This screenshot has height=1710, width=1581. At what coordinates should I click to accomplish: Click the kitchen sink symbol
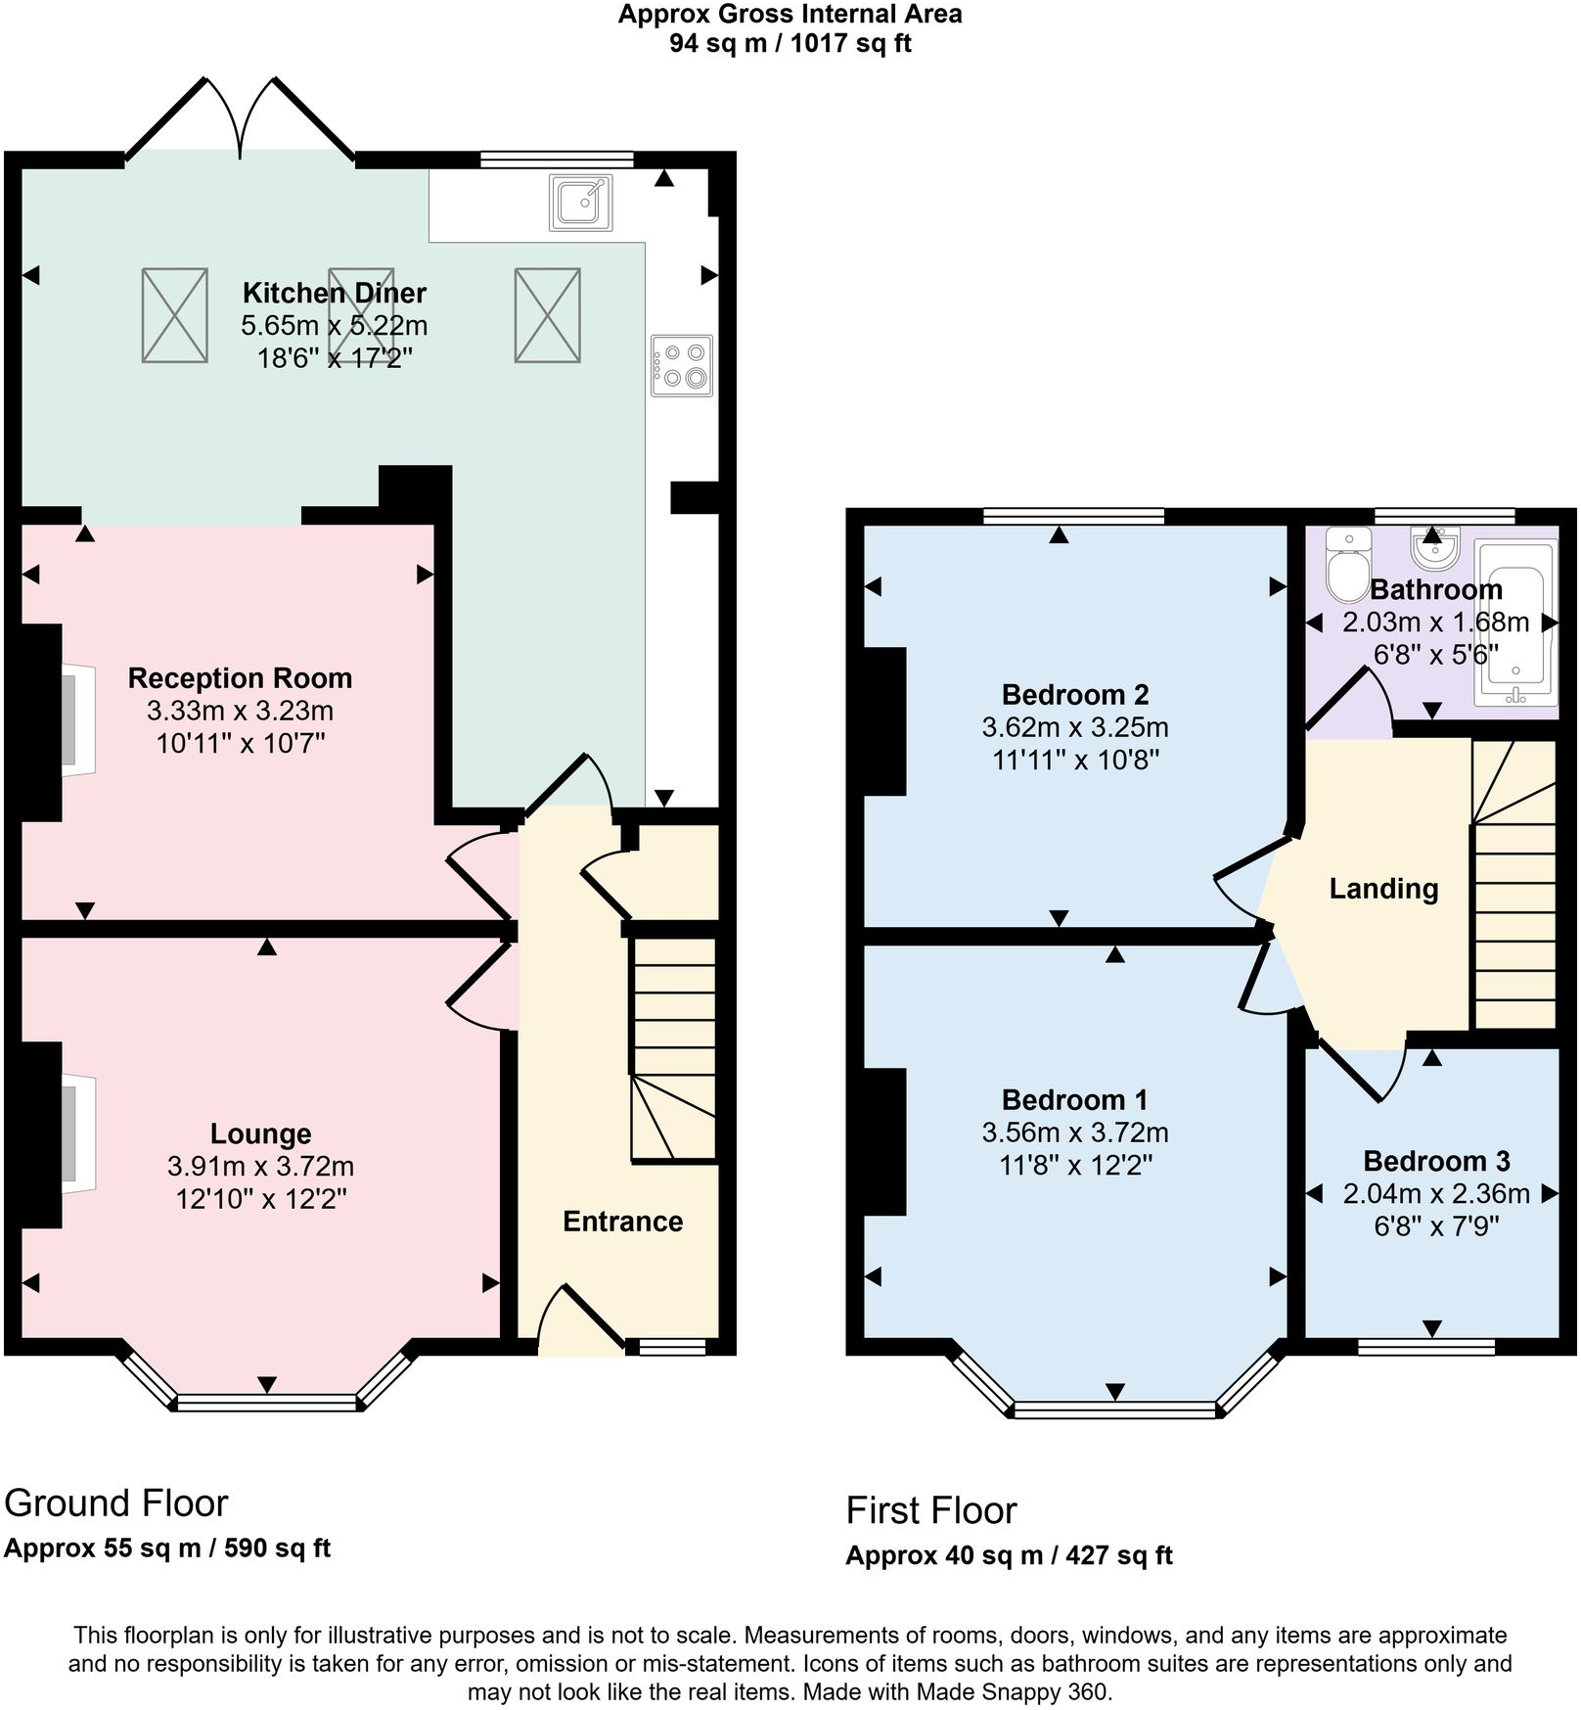tap(581, 202)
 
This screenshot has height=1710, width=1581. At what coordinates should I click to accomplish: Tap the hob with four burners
tap(682, 366)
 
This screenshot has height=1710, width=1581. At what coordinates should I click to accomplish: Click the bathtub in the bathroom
tap(1515, 624)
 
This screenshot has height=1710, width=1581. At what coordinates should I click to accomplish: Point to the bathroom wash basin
tap(1434, 548)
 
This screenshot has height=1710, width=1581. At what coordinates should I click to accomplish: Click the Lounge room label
tap(260, 1133)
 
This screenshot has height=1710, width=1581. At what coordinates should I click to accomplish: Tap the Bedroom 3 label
tap(1435, 1161)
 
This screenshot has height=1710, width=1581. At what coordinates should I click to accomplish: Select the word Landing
tap(1383, 889)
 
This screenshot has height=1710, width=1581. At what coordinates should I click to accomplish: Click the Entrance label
tap(622, 1222)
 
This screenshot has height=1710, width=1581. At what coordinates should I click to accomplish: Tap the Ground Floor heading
tap(115, 1502)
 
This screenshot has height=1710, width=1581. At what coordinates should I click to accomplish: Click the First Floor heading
tap(930, 1510)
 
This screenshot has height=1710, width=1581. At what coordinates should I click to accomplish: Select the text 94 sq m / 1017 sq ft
tap(790, 43)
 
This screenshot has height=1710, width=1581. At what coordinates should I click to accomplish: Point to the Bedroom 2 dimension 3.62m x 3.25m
tap(1074, 727)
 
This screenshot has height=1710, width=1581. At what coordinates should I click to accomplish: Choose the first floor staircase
tap(1513, 884)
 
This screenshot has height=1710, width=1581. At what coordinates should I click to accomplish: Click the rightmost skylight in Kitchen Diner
tap(547, 315)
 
